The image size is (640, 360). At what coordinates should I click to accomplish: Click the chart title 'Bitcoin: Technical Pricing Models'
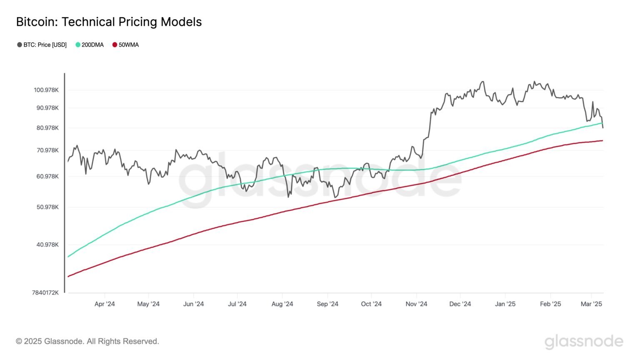[109, 22]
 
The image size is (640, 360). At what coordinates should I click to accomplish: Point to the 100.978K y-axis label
[46, 90]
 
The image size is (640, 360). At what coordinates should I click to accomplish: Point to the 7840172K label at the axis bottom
[45, 292]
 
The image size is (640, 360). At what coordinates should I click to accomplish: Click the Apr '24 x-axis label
[105, 304]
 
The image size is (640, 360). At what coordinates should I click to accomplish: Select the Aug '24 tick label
[282, 304]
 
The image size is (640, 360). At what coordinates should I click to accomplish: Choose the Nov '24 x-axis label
[416, 304]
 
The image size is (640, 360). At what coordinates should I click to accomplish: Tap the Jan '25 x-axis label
[505, 304]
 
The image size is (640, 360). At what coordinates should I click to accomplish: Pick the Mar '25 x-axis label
[591, 304]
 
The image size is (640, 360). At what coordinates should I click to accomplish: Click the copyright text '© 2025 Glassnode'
[87, 342]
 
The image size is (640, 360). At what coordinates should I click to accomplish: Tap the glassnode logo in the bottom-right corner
[584, 342]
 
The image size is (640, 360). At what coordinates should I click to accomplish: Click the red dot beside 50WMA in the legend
[115, 45]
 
